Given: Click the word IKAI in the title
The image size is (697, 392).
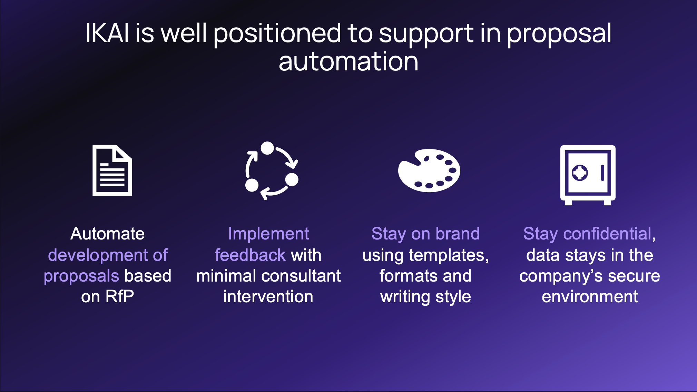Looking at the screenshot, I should (107, 33).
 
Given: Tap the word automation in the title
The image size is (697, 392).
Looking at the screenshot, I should (348, 62).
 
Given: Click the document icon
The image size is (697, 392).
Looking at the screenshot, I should (112, 170).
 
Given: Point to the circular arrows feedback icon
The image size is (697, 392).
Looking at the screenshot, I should (272, 170).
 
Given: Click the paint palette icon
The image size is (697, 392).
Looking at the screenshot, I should (429, 170).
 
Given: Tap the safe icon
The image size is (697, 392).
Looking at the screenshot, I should (588, 175).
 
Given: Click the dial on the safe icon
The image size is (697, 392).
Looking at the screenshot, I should (580, 173).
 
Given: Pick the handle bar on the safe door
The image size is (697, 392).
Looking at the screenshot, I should (602, 173).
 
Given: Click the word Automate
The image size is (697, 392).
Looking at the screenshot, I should (107, 234).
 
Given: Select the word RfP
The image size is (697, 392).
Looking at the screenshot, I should (119, 296).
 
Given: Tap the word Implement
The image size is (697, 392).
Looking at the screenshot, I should (268, 234).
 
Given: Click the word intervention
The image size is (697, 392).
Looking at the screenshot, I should (268, 296).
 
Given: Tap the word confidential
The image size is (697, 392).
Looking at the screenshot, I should (607, 234).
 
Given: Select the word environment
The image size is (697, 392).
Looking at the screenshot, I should (590, 296).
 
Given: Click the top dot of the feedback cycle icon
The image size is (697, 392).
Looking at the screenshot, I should (267, 148).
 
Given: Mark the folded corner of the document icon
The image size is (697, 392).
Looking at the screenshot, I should (123, 153).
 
